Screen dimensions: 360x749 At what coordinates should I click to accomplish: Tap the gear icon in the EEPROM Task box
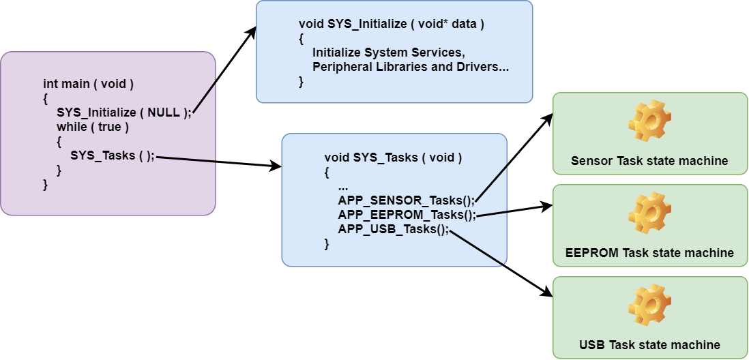tap(649, 214)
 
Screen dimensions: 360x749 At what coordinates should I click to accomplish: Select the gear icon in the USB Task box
tap(649, 306)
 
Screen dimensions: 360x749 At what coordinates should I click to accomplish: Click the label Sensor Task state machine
tap(649, 162)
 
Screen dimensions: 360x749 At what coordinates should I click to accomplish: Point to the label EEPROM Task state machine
tap(649, 253)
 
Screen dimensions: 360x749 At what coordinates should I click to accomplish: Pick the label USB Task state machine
tap(649, 344)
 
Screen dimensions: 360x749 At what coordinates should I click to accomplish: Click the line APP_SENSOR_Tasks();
tap(406, 200)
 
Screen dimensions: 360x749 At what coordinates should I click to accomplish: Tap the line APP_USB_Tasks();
tap(394, 229)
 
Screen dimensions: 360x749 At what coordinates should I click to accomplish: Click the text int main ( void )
tap(88, 84)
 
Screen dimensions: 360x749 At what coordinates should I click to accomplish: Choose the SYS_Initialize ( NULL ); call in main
tap(124, 113)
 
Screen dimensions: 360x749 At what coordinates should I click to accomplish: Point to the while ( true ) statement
tap(93, 127)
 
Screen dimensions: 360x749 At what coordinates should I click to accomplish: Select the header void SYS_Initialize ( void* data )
tap(392, 24)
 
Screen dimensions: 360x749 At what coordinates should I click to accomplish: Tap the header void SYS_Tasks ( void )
tap(393, 157)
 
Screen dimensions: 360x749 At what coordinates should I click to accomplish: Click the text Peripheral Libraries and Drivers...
tap(411, 67)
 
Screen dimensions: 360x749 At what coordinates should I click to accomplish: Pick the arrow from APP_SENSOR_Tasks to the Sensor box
tap(513, 157)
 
